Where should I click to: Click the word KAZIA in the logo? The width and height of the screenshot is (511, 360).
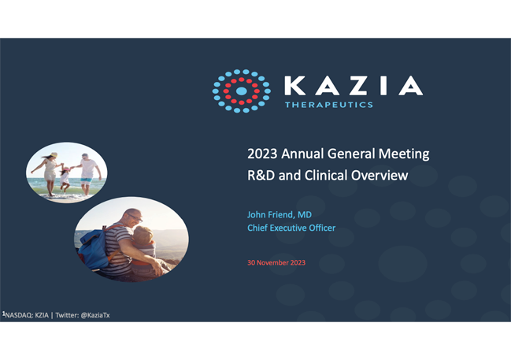pyautogui.click(x=354, y=86)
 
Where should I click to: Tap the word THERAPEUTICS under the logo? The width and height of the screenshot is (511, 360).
pyautogui.click(x=329, y=105)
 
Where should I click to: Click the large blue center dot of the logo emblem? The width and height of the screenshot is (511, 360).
pyautogui.click(x=241, y=91)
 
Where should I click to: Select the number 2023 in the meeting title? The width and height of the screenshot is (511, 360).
pyautogui.click(x=262, y=154)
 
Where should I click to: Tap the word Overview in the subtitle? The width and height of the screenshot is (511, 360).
pyautogui.click(x=380, y=176)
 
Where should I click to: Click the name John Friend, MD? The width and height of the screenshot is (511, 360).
pyautogui.click(x=280, y=214)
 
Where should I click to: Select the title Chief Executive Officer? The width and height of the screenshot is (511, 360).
pyautogui.click(x=291, y=228)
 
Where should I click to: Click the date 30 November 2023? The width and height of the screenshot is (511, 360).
pyautogui.click(x=276, y=263)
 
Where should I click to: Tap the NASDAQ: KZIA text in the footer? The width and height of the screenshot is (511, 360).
pyautogui.click(x=27, y=315)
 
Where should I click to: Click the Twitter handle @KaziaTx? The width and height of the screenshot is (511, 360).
pyautogui.click(x=95, y=315)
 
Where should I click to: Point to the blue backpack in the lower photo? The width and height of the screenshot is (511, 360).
pyautogui.click(x=94, y=248)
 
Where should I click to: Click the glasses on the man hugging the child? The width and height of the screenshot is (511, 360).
pyautogui.click(x=135, y=217)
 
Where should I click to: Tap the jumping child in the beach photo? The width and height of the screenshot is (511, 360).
pyautogui.click(x=65, y=179)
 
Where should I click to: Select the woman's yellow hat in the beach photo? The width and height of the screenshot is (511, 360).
pyautogui.click(x=54, y=155)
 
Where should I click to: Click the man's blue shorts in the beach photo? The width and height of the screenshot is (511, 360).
pyautogui.click(x=87, y=181)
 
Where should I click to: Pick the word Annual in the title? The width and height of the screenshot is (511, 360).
pyautogui.click(x=302, y=154)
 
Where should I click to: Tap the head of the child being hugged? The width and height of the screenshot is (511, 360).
pyautogui.click(x=143, y=234)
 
